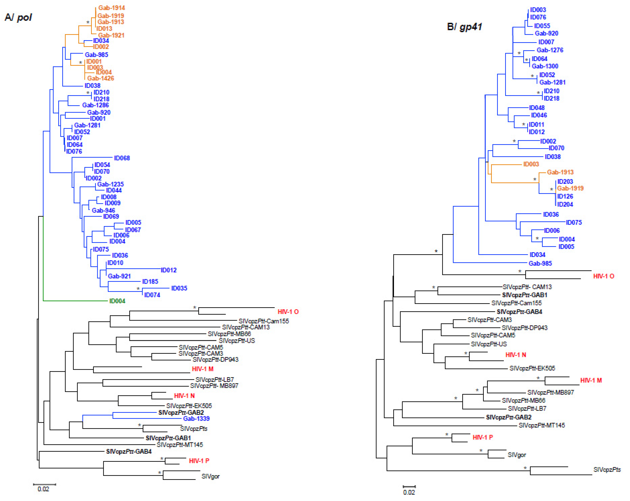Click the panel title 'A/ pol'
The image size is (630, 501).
pyautogui.click(x=18, y=18)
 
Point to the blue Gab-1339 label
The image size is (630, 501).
pyautogui.click(x=196, y=419)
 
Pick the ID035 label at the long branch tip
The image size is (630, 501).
pyautogui.click(x=179, y=288)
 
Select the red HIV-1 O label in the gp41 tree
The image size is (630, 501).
pyautogui.click(x=603, y=276)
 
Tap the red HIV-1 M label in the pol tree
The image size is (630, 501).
pyautogui.click(x=203, y=369)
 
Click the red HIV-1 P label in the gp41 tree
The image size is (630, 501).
pyautogui.click(x=482, y=437)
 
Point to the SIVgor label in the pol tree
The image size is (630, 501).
pyautogui.click(x=210, y=476)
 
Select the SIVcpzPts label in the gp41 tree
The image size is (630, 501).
pyautogui.click(x=607, y=470)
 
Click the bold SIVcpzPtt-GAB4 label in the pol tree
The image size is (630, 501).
pyautogui.click(x=129, y=452)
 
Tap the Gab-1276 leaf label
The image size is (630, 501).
pyautogui.click(x=550, y=50)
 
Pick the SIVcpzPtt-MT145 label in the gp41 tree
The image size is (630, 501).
pyautogui.click(x=541, y=425)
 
